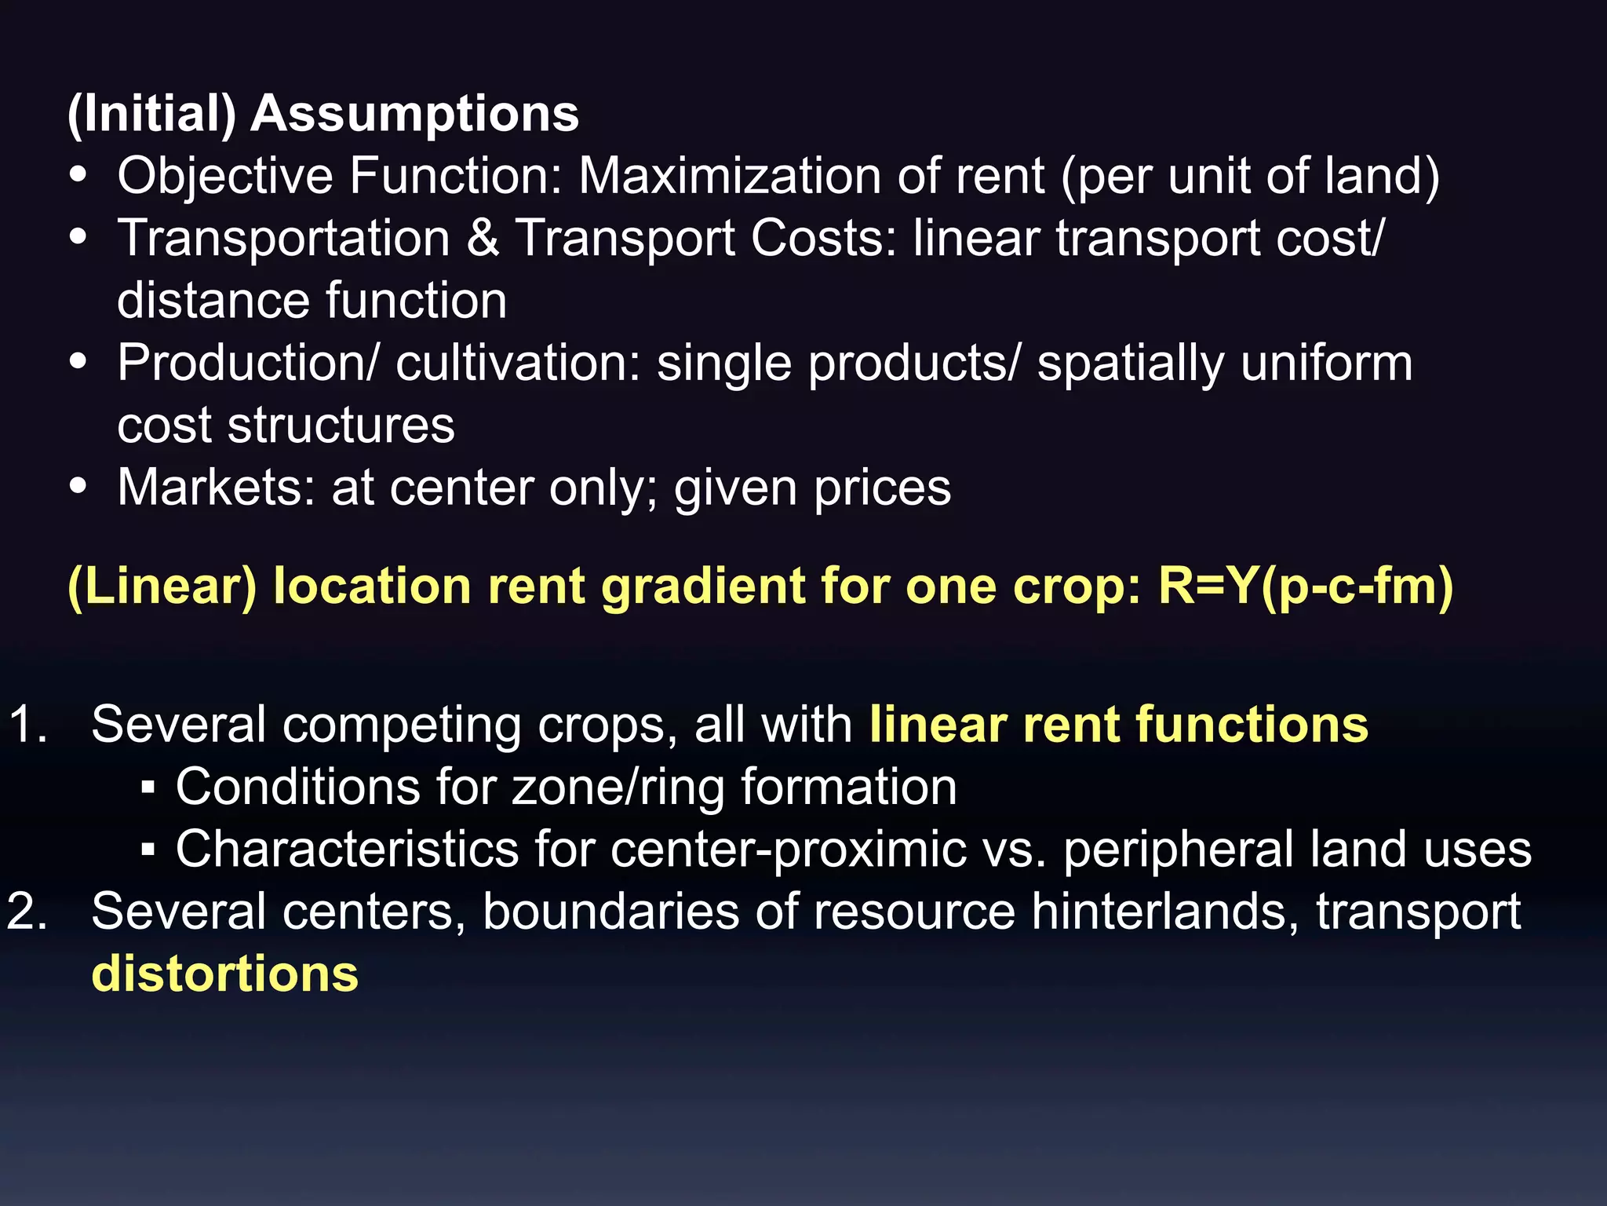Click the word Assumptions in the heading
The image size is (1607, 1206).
[414, 115]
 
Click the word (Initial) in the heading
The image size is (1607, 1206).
[151, 115]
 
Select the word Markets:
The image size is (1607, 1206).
[216, 488]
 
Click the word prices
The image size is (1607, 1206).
[882, 489]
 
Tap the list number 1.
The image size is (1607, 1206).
[28, 724]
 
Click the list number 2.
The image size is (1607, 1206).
[28, 912]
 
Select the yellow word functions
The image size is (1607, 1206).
[1252, 724]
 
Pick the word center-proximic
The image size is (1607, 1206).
[788, 850]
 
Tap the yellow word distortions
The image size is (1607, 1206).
[225, 974]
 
